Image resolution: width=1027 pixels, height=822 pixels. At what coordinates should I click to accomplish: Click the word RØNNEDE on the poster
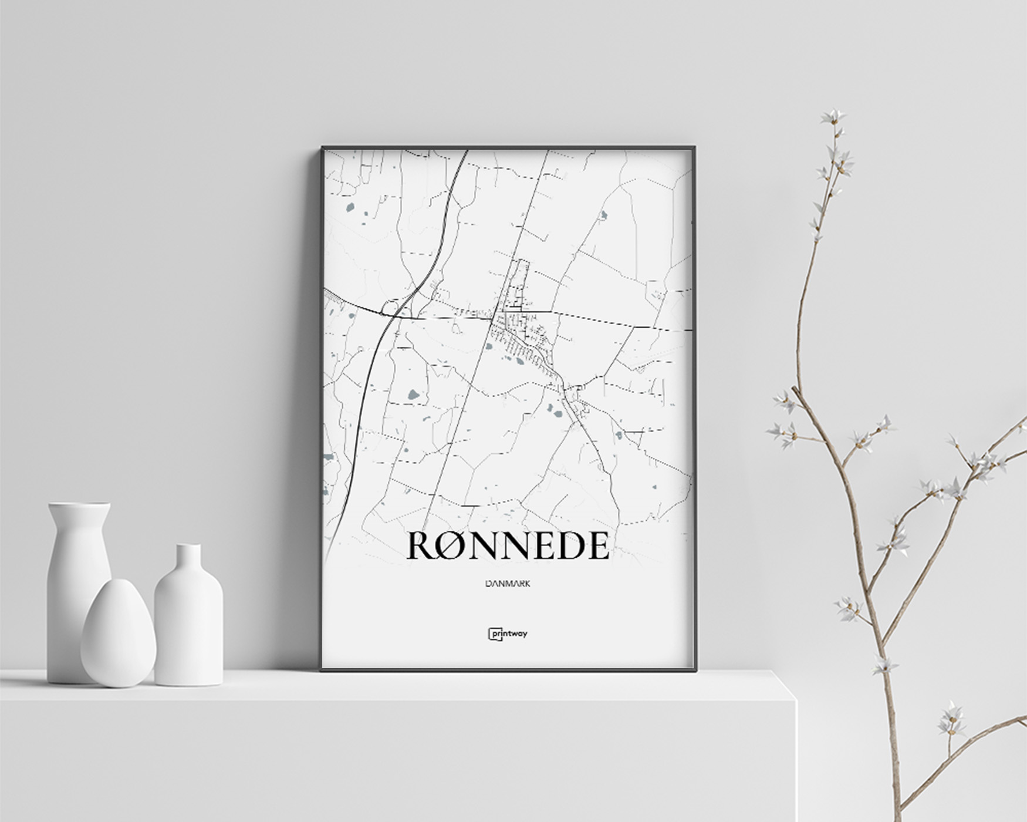508,545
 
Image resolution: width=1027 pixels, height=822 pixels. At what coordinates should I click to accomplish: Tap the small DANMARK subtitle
508,584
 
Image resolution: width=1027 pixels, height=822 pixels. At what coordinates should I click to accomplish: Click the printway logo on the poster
508,634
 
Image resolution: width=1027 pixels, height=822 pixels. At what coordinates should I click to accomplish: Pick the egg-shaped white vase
118,634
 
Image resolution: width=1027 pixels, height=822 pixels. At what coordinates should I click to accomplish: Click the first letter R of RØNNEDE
421,545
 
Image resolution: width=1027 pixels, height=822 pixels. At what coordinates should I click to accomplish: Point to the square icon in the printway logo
492,634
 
